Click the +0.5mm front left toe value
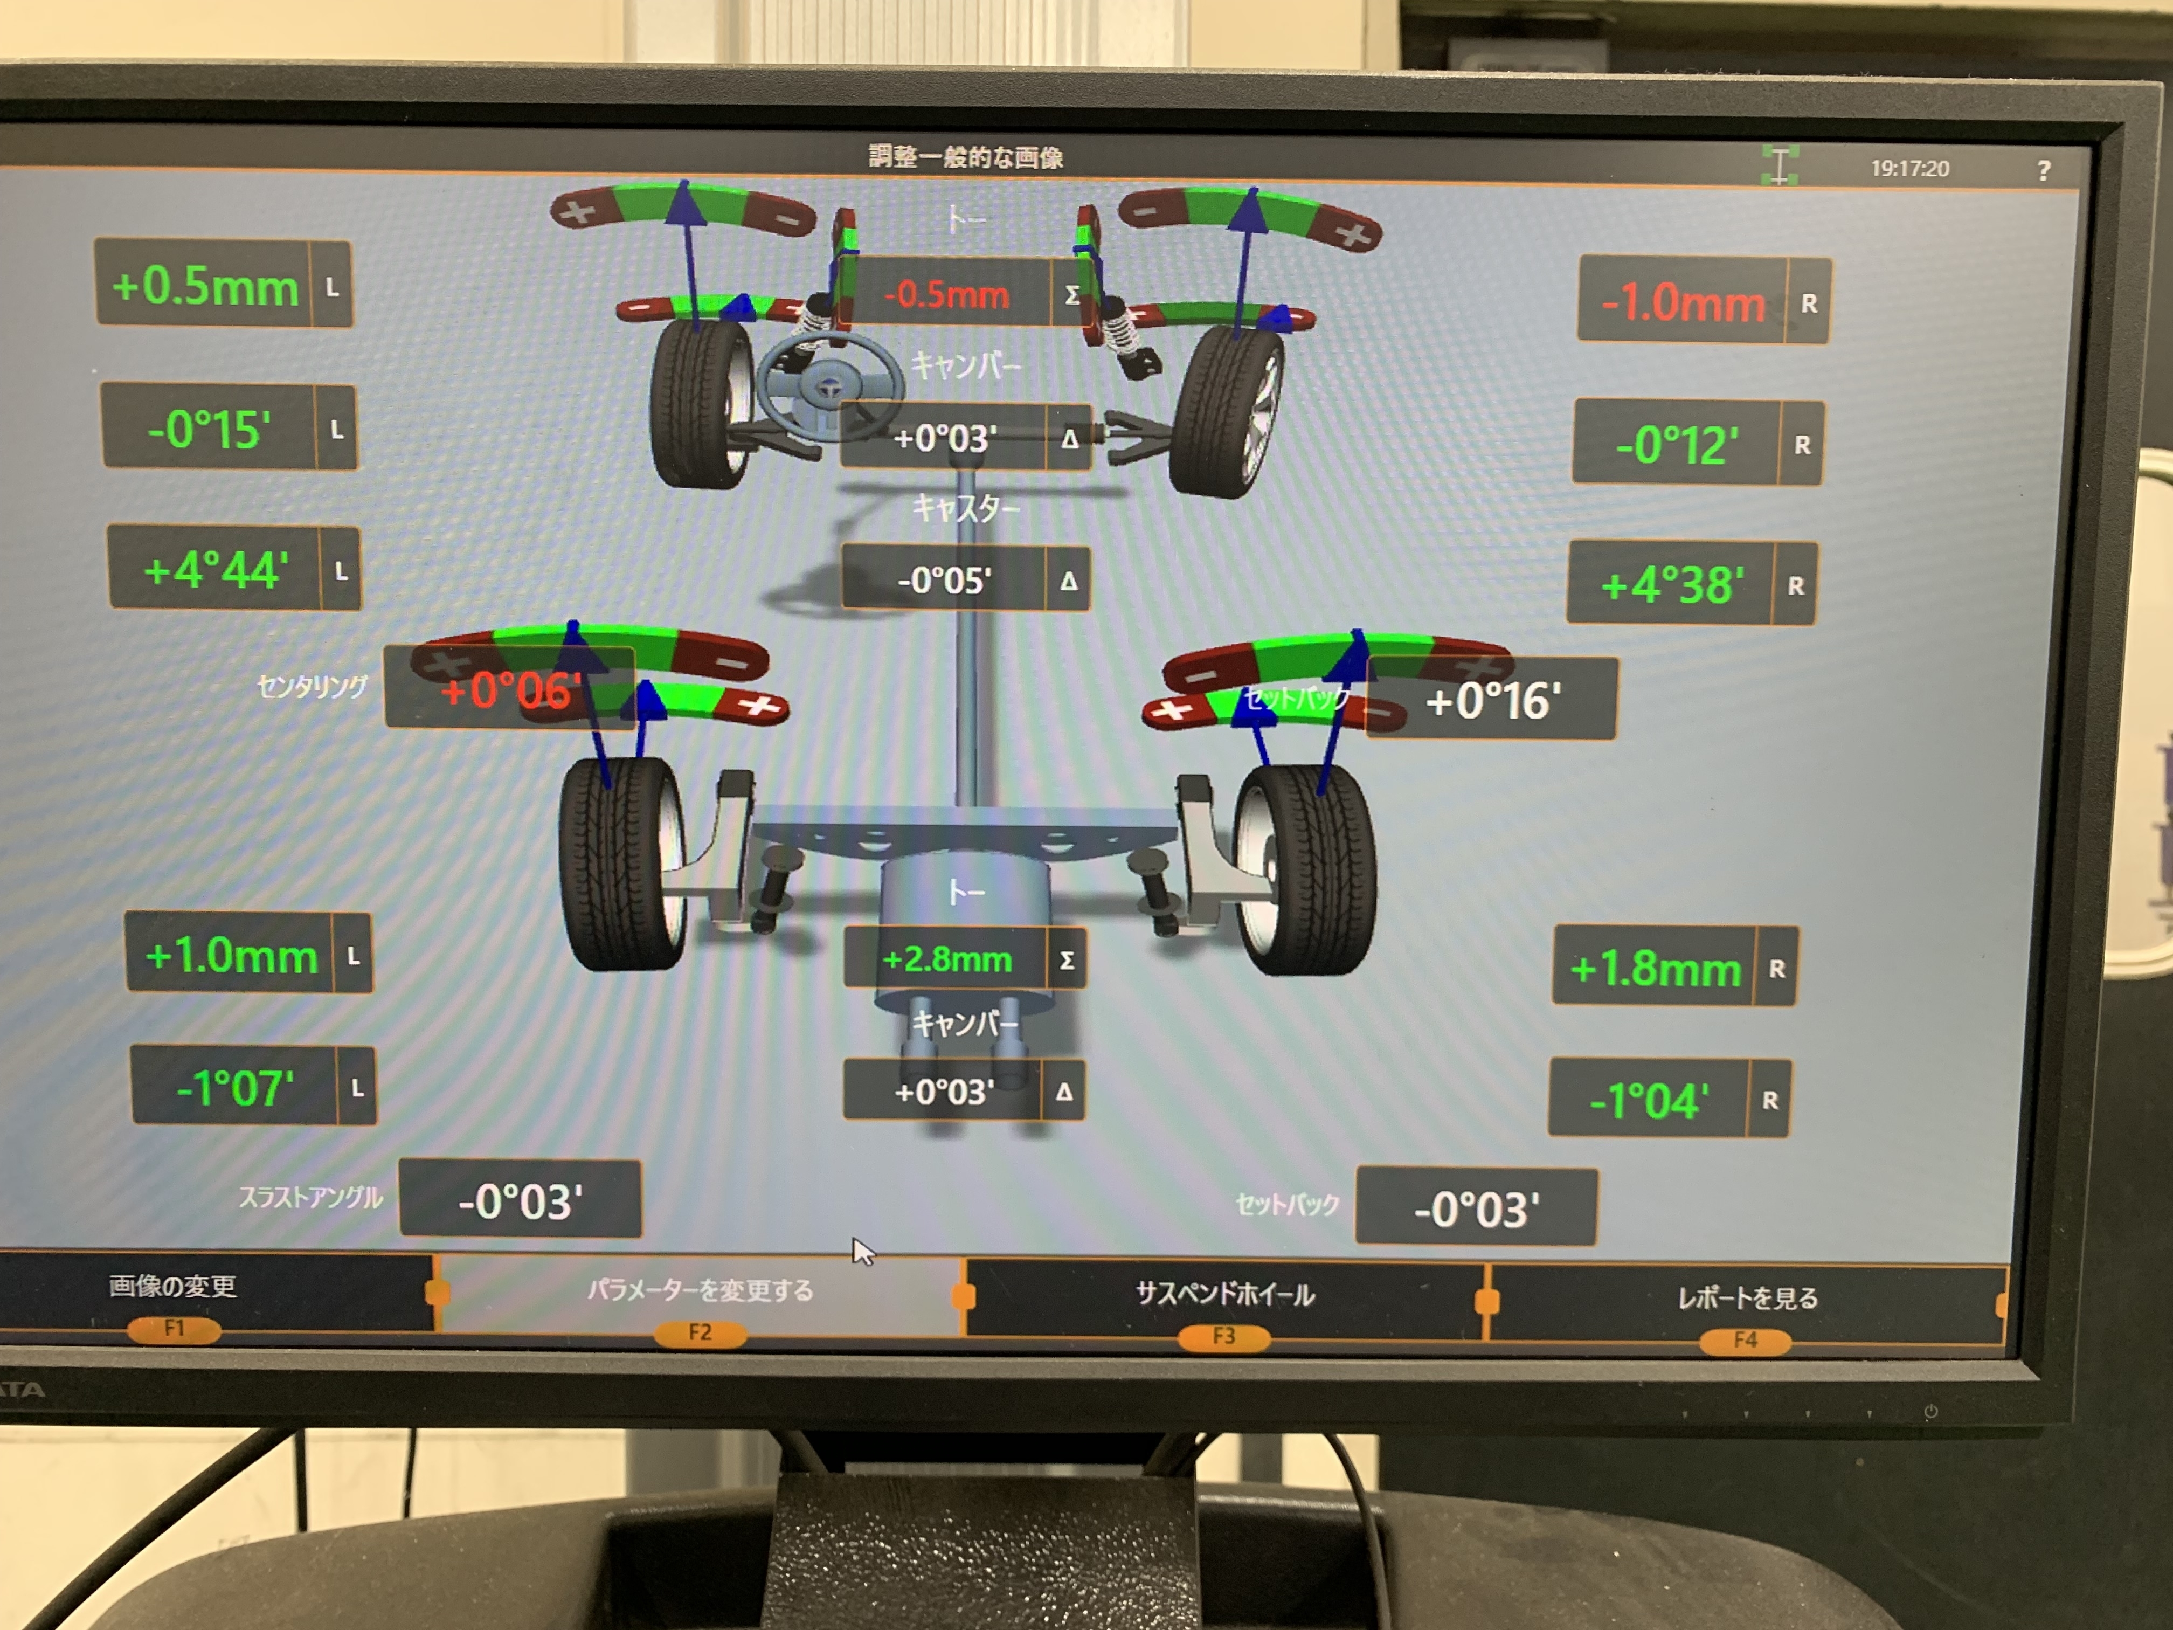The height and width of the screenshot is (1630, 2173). pos(205,286)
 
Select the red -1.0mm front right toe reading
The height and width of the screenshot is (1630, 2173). pos(1683,302)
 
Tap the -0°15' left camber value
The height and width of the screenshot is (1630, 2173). pos(209,430)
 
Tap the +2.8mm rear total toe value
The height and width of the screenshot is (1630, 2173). pos(947,959)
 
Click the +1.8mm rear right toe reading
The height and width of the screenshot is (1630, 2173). pos(1655,969)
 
